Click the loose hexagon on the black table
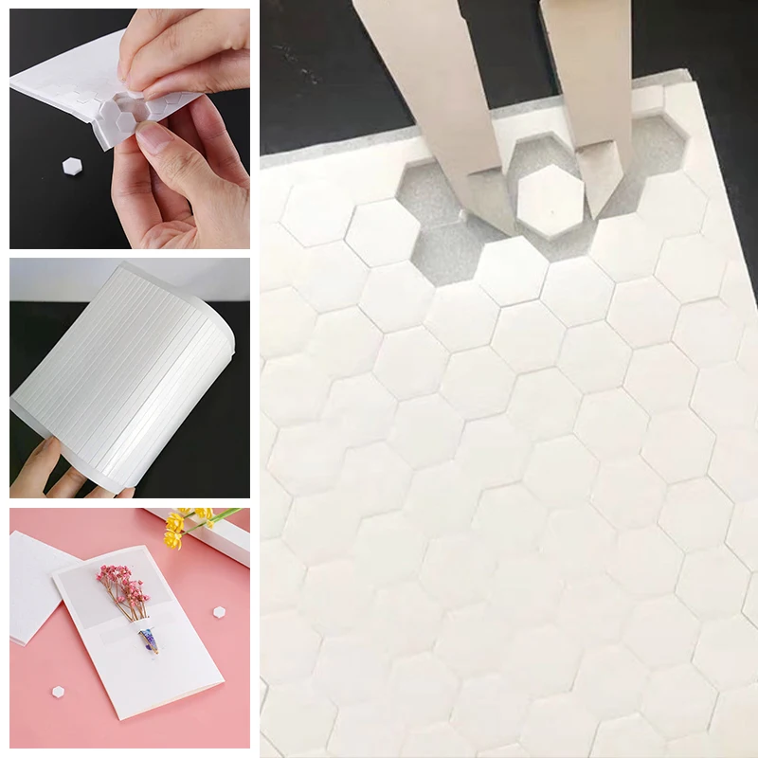72,167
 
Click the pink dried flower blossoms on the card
122,580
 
